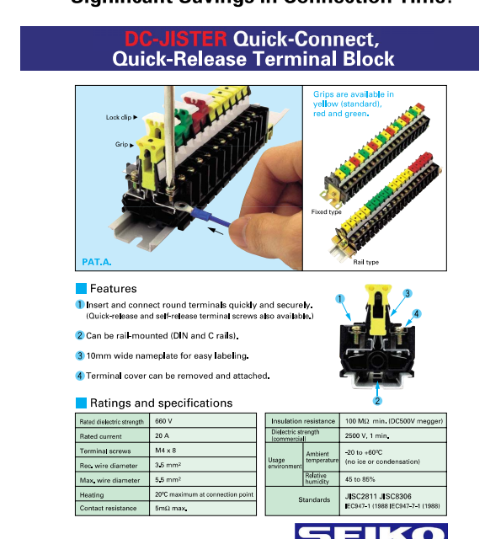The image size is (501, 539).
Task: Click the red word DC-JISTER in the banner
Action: pyautogui.click(x=176, y=39)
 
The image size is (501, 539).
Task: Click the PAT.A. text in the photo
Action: pyautogui.click(x=96, y=262)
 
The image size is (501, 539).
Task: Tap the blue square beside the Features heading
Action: pyautogui.click(x=81, y=289)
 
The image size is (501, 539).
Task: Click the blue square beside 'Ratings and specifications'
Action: pyautogui.click(x=81, y=403)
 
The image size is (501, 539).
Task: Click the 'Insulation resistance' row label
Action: pyautogui.click(x=302, y=420)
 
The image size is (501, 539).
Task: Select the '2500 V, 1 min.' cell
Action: pyautogui.click(x=365, y=435)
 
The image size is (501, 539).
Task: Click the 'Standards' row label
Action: pyautogui.click(x=314, y=499)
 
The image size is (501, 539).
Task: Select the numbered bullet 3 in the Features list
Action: pyautogui.click(x=80, y=355)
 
